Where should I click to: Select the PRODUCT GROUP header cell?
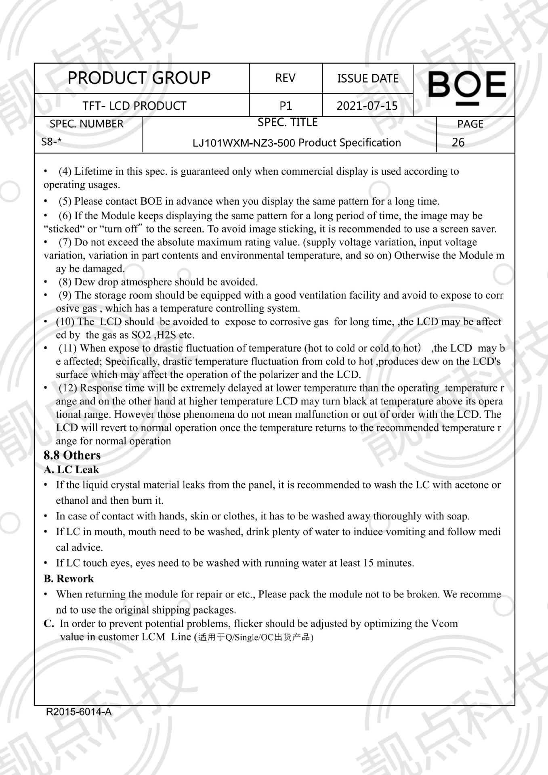[x=139, y=78]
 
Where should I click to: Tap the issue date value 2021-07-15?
[x=367, y=106]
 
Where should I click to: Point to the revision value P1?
[x=286, y=106]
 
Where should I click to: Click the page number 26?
[x=458, y=142]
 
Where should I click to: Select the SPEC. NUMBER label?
[x=86, y=124]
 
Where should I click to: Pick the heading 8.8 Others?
[x=72, y=455]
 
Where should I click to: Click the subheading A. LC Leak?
[x=71, y=470]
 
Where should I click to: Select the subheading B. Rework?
[x=69, y=579]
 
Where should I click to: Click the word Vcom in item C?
[x=444, y=624]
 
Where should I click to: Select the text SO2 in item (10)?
[x=141, y=335]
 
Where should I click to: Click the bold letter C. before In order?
[x=49, y=624]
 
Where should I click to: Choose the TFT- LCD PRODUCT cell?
[x=134, y=106]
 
